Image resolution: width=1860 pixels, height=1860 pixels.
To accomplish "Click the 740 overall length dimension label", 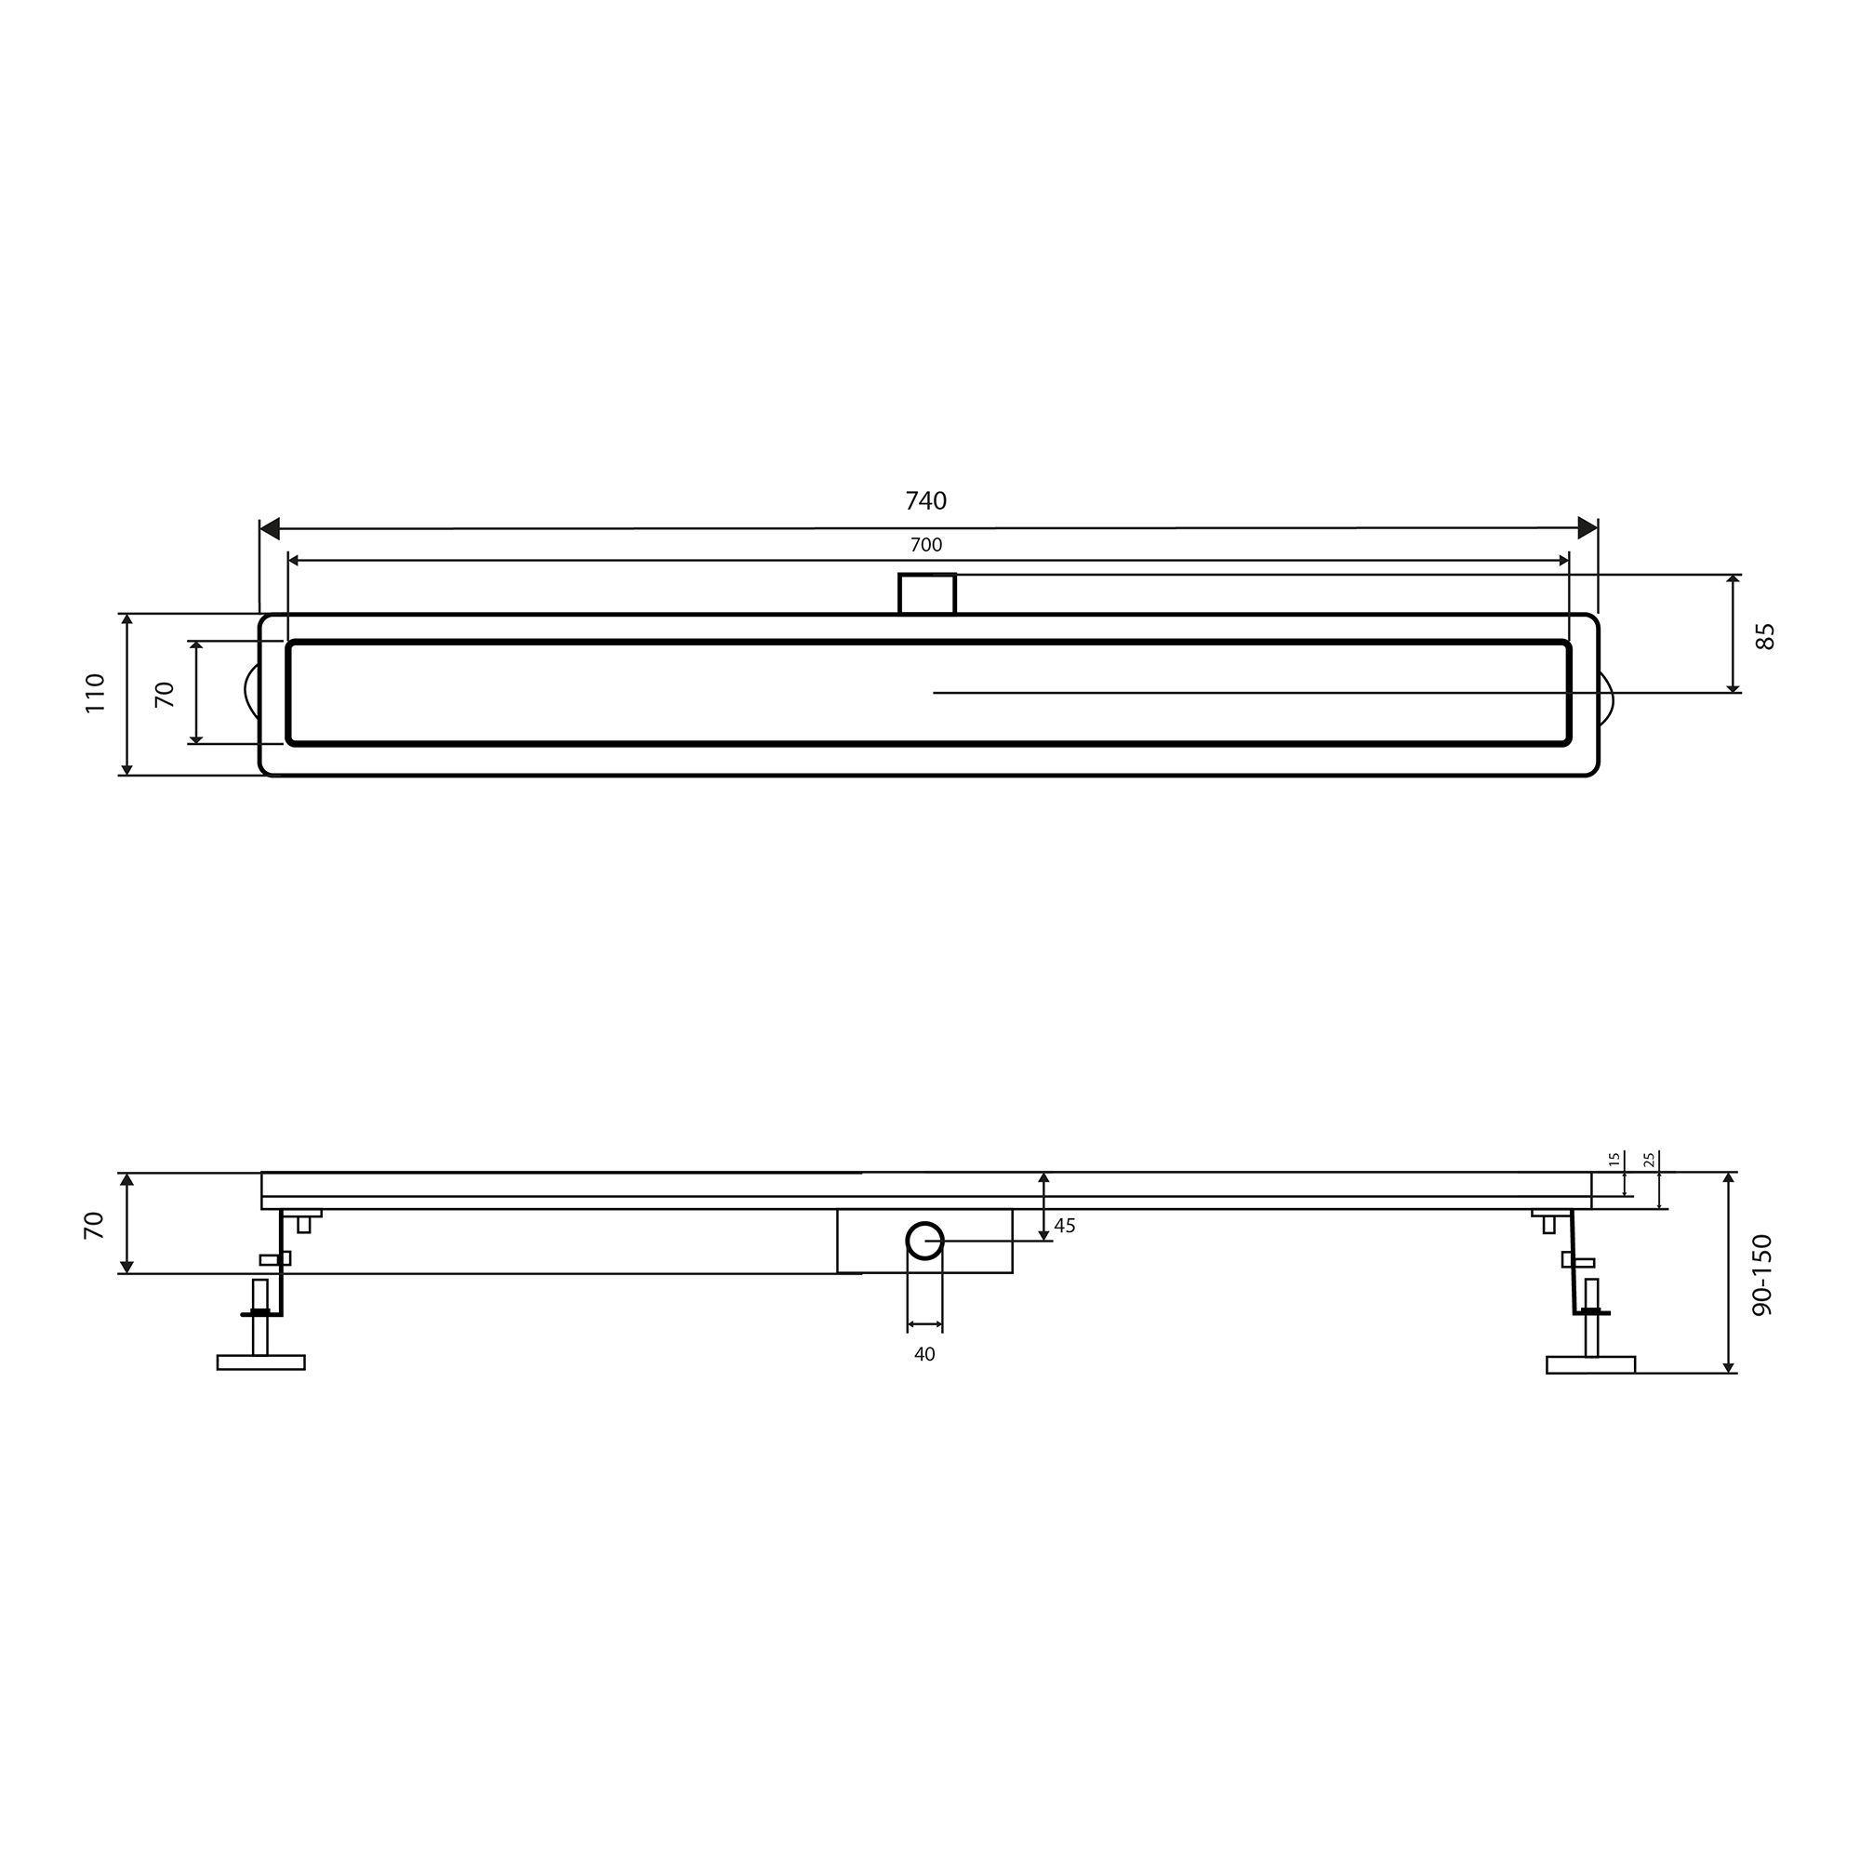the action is point(926,500).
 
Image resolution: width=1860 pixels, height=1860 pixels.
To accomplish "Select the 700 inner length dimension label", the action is point(926,545).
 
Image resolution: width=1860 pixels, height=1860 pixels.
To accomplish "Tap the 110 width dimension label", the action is point(94,693).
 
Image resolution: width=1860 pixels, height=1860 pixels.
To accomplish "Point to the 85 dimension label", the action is point(1765,636).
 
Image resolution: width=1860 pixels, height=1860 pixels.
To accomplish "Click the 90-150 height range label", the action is point(1761,1275).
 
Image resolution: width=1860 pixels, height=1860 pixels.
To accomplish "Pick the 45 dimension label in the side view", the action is point(1065,1226).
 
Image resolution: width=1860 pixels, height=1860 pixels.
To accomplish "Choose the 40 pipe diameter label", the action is point(924,1355).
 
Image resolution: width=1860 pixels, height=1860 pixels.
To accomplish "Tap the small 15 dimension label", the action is point(1614,1159).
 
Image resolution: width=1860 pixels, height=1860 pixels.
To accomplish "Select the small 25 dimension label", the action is point(1649,1159).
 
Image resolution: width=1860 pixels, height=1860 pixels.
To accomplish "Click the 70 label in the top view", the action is point(166,694).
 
